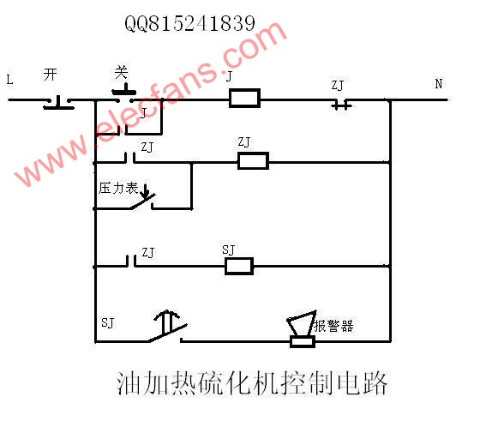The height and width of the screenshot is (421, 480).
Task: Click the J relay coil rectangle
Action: (244, 98)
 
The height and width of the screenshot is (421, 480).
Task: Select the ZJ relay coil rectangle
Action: (253, 160)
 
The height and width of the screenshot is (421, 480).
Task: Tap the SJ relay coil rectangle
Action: (239, 266)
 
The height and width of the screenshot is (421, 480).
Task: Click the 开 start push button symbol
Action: (58, 103)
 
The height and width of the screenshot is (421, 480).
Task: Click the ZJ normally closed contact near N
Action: (342, 104)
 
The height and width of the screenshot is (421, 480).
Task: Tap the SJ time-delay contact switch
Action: (168, 327)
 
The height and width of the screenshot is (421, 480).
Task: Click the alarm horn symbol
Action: (302, 329)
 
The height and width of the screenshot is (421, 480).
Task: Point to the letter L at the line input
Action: (9, 80)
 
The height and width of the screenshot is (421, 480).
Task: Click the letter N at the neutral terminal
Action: (439, 83)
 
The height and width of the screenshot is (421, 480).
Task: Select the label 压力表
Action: (118, 189)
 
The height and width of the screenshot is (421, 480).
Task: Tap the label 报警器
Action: (334, 326)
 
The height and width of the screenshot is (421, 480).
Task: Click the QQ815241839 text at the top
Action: (189, 23)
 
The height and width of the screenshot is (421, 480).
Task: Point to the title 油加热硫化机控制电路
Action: (252, 383)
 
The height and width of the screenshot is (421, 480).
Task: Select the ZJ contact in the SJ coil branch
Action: (131, 261)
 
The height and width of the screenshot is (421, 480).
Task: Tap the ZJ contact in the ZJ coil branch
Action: (130, 158)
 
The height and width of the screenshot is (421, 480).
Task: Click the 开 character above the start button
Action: (51, 75)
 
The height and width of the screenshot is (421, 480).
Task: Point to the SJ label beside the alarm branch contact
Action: (107, 323)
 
